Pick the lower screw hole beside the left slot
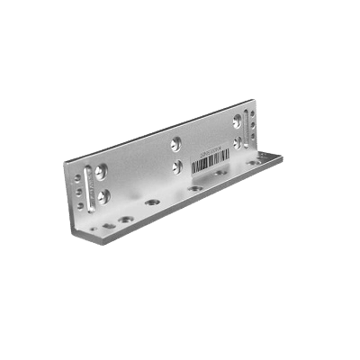(x=104, y=193)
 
